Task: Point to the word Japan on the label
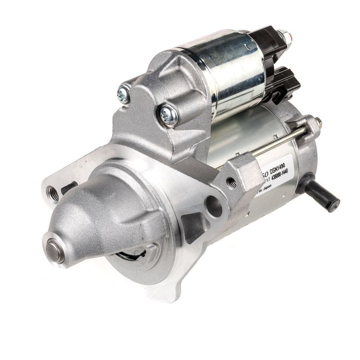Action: [x=266, y=189]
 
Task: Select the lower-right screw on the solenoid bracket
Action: [x=169, y=115]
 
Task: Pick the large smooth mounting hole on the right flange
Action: [x=213, y=206]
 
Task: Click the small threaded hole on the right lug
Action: [x=231, y=182]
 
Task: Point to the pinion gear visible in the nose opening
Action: [x=130, y=255]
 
